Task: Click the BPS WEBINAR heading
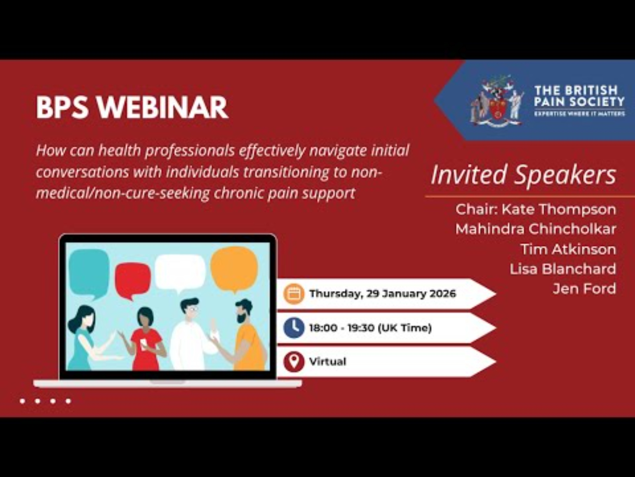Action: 132,107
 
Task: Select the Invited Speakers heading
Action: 524,175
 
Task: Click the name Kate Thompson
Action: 559,209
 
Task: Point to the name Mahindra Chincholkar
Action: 536,229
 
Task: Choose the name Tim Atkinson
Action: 568,249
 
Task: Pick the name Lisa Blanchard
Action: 563,269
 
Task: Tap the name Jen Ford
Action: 584,289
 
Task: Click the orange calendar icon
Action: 294,294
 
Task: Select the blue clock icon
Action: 294,328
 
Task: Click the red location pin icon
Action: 294,362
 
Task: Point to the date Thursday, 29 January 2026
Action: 383,294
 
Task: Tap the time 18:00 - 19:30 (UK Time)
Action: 371,328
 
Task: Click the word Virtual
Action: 328,362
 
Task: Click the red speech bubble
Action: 132,280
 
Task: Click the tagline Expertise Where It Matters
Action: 579,114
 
